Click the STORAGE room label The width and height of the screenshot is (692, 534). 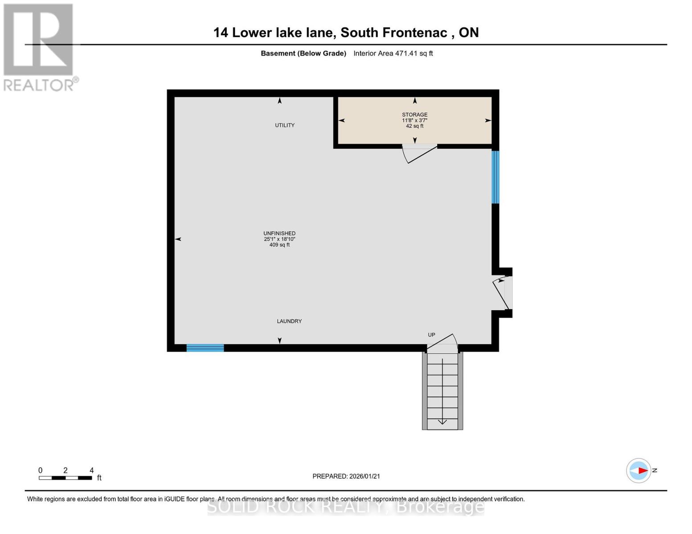(x=414, y=115)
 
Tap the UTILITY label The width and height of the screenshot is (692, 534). (x=285, y=125)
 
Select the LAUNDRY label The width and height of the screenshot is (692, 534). (x=289, y=321)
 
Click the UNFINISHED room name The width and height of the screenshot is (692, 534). (x=279, y=234)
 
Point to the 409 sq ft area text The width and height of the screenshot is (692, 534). (x=279, y=245)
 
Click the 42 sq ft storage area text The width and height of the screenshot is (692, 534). (x=414, y=126)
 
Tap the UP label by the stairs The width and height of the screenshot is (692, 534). (x=431, y=335)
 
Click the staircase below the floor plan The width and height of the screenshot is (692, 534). (x=442, y=392)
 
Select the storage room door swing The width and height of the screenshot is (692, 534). (x=418, y=154)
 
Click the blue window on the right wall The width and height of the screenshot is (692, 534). (x=495, y=177)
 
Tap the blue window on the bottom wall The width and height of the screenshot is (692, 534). (x=205, y=348)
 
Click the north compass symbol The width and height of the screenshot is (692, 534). (x=639, y=470)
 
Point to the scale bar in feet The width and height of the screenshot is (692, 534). (x=66, y=477)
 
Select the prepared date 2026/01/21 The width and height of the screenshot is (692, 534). (x=346, y=476)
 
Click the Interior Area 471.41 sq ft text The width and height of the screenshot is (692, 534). (x=393, y=53)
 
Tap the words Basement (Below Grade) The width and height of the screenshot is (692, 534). (x=303, y=53)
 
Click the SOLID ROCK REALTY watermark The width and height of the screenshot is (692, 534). (x=346, y=506)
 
